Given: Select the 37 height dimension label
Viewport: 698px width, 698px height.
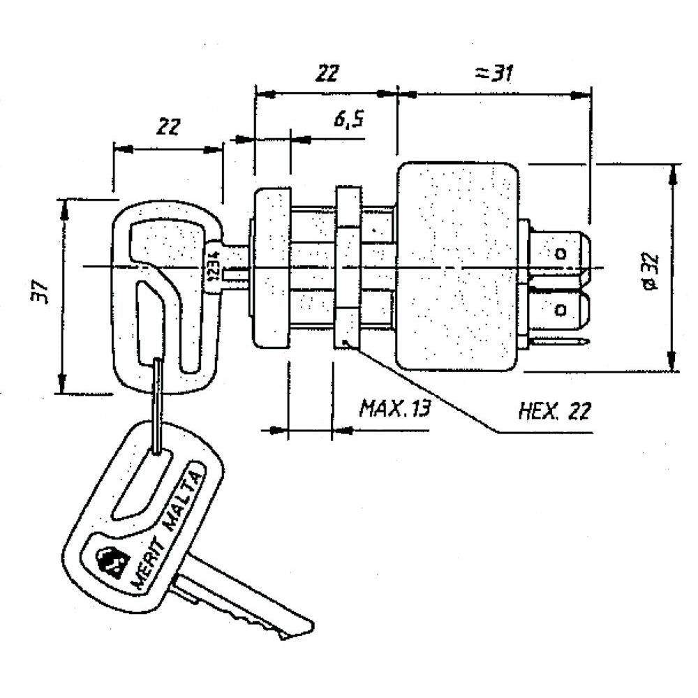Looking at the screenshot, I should click(40, 293).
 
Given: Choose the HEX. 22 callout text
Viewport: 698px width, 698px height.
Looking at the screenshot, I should click(555, 410).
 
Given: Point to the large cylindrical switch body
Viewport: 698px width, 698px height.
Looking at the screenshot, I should click(457, 265).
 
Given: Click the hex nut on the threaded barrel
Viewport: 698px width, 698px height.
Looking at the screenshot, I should click(348, 267).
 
